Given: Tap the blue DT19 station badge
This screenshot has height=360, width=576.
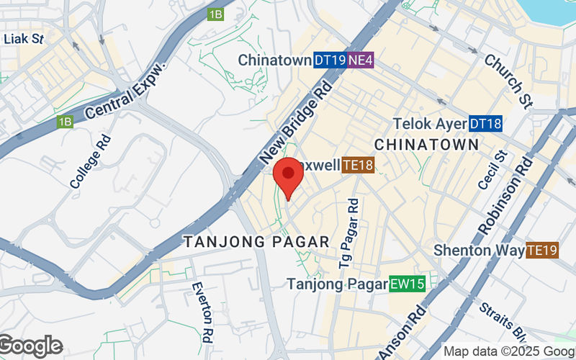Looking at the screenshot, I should coord(330,60).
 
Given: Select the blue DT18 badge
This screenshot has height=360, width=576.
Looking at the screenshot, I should coord(485,124).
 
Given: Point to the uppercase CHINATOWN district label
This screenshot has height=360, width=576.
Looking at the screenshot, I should coord(427,145).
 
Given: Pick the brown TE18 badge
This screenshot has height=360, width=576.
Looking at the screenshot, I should coord(358,166).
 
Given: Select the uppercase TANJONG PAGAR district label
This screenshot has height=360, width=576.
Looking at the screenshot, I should coord(256,242).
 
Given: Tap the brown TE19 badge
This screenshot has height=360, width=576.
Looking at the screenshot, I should coord(542,251).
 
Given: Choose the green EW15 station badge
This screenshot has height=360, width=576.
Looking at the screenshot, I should coord(407,284).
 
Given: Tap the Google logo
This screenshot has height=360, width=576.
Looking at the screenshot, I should coord(31,346).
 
